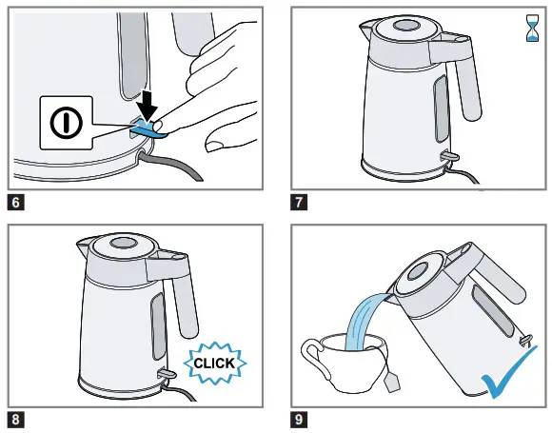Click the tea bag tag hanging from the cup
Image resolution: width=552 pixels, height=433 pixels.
(392, 383)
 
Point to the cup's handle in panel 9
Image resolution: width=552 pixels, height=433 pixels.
(313, 357)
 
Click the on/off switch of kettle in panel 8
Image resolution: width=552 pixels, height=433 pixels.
(163, 372)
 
